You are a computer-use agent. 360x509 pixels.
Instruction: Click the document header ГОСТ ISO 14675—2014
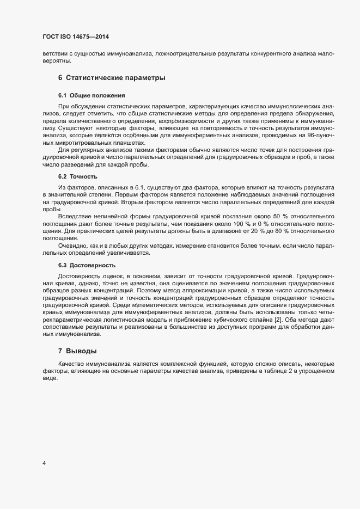pyautogui.click(x=76, y=37)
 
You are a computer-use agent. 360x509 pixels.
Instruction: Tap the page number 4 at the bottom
pyautogui.click(x=44, y=463)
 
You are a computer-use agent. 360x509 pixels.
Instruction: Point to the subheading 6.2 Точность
pyautogui.click(x=77, y=177)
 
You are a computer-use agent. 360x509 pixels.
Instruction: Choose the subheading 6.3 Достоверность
pyautogui.click(x=87, y=265)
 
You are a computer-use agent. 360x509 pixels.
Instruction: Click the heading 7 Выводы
pyautogui.click(x=78, y=351)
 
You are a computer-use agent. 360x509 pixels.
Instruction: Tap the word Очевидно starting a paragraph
pyautogui.click(x=72, y=244)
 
